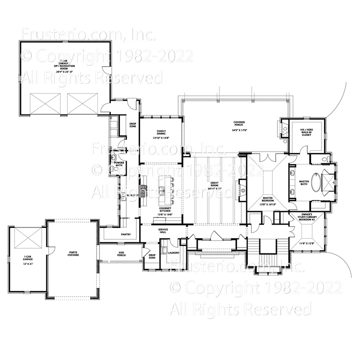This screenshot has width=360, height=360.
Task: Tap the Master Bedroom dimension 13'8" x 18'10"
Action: [267, 204]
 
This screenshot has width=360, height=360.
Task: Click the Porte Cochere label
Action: [73, 254]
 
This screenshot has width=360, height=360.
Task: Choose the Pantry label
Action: [126, 234]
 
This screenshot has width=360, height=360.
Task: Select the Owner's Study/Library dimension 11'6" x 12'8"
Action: [308, 243]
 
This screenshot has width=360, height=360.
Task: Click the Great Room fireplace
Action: [243, 191]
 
